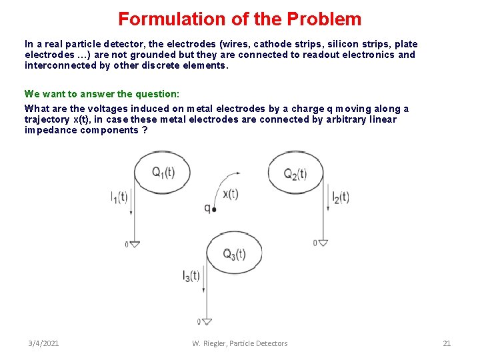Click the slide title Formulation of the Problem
pyautogui.click(x=239, y=19)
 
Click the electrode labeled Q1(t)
pyautogui.click(x=162, y=173)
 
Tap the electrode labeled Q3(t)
pyautogui.click(x=234, y=253)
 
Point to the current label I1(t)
pyautogui.click(x=119, y=197)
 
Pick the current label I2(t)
pyautogui.click(x=341, y=197)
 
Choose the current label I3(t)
pyautogui.click(x=191, y=275)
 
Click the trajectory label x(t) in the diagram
pyautogui.click(x=230, y=194)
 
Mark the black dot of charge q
pyautogui.click(x=214, y=209)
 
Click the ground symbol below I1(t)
pyautogui.click(x=135, y=244)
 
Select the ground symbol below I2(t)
pyautogui.click(x=323, y=243)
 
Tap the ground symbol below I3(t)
pyautogui.click(x=206, y=322)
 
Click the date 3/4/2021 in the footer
pyautogui.click(x=43, y=343)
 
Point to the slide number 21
pyautogui.click(x=447, y=343)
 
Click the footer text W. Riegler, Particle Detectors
pyautogui.click(x=239, y=343)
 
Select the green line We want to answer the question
pyautogui.click(x=102, y=94)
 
